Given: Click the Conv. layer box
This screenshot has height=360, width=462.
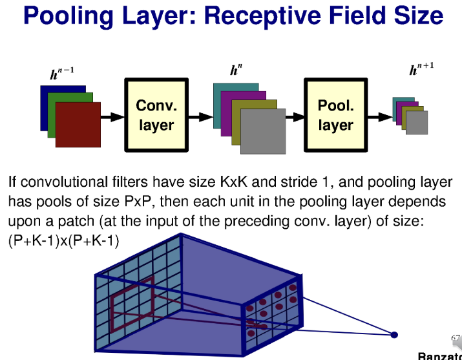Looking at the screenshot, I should click(156, 115).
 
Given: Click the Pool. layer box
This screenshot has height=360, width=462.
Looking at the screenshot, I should click(335, 115).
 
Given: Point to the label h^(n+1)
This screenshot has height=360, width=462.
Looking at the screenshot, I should click(421, 69).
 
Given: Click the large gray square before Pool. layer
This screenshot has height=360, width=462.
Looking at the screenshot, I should click(263, 132).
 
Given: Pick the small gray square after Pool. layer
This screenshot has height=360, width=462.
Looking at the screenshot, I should click(417, 123).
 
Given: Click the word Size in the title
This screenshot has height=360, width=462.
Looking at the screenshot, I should click(416, 16).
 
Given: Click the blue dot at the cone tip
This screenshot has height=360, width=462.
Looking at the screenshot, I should click(394, 334).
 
